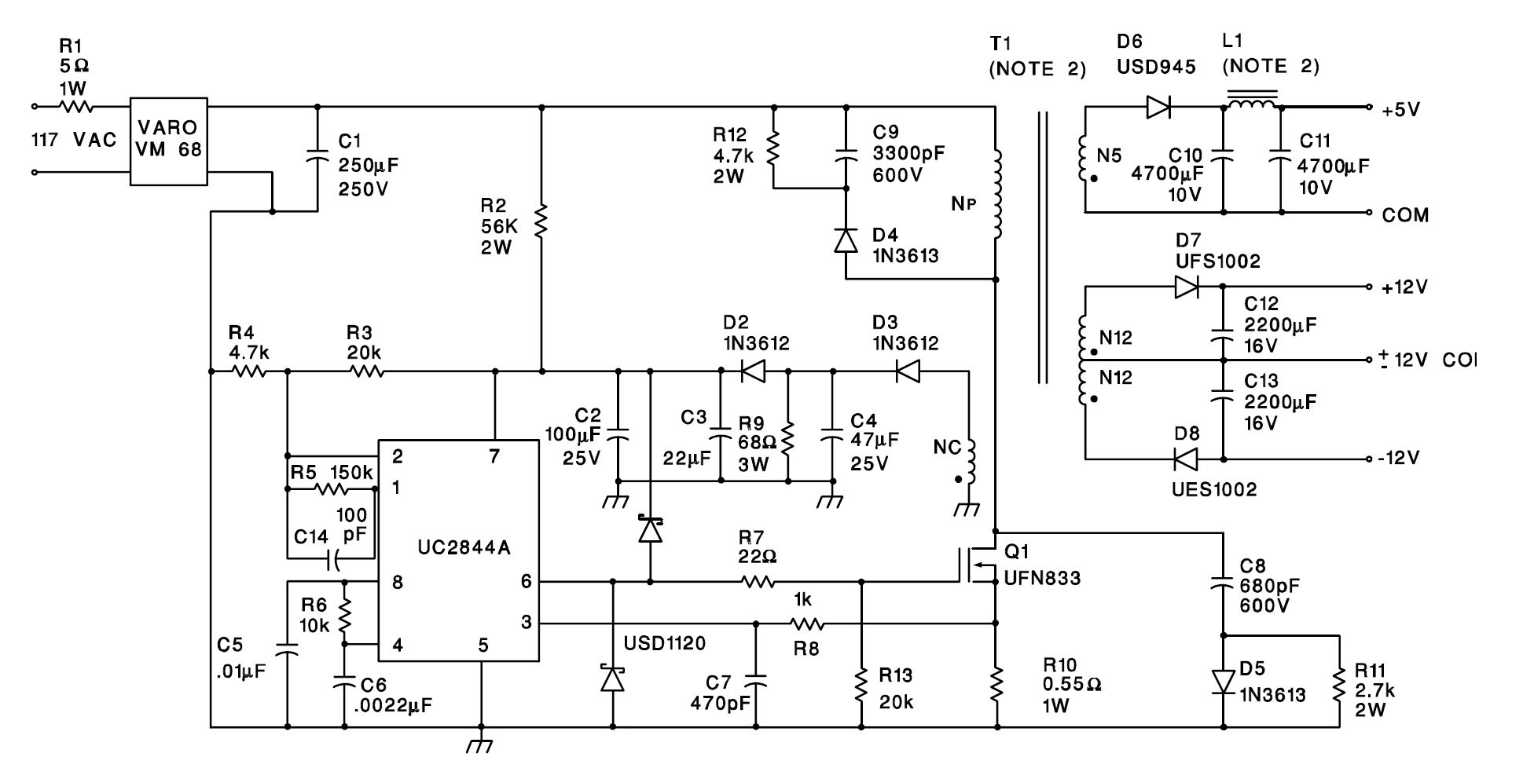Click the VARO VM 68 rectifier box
click(x=168, y=141)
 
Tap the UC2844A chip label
click(x=464, y=547)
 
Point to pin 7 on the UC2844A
click(x=494, y=457)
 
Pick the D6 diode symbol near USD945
click(x=1158, y=107)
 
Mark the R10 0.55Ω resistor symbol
click(x=996, y=684)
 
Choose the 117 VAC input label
click(x=74, y=141)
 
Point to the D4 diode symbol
click(x=846, y=240)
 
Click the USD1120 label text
click(x=664, y=643)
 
